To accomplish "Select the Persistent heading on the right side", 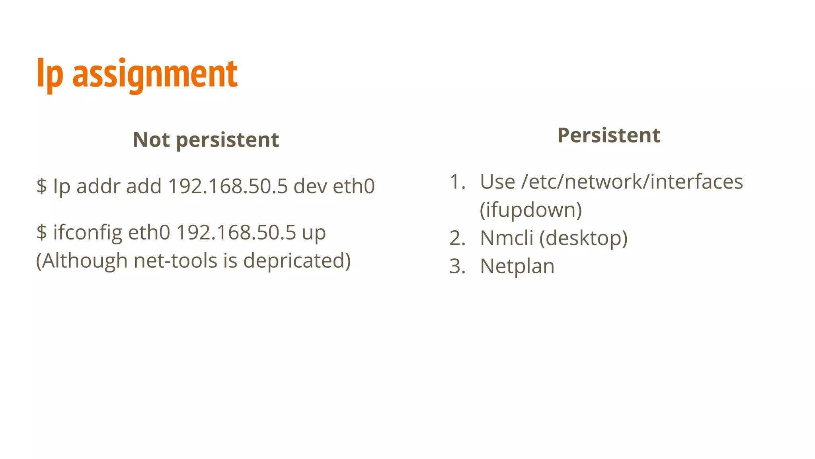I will pos(608,135).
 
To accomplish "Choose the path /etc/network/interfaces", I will pos(632,182).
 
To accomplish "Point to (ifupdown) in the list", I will pos(530,210).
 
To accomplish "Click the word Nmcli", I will pos(506,238).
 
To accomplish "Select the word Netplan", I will pos(517,266).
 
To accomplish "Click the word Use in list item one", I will pos(497,182).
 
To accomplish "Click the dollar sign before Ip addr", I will pos(41,186).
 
